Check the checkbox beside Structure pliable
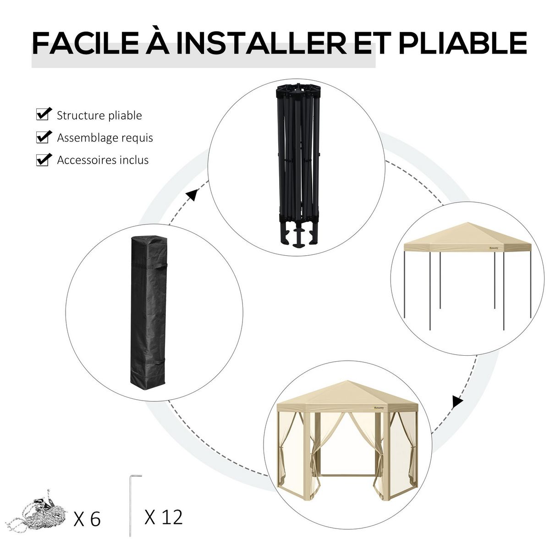[x=43, y=115]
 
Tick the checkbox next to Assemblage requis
[x=43, y=137]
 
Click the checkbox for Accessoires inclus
[x=43, y=159]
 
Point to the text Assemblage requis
[x=105, y=137]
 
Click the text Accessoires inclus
[x=103, y=160]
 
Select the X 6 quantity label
[x=87, y=519]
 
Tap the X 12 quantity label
[x=163, y=517]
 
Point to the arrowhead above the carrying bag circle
[x=192, y=196]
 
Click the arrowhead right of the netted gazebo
[x=456, y=402]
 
